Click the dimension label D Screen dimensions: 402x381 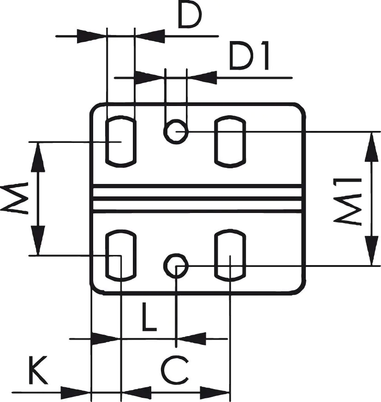tap(190, 16)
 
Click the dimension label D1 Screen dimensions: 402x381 tap(249, 58)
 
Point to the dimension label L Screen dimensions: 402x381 tap(149, 317)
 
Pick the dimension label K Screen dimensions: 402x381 tap(39, 371)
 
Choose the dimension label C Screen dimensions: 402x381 tap(175, 371)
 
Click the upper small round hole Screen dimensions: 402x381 tap(175, 131)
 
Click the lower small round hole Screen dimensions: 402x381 tap(176, 266)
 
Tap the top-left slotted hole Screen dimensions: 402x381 tap(121, 142)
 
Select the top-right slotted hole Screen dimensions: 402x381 tap(230, 142)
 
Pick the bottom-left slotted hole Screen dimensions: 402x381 tap(121, 256)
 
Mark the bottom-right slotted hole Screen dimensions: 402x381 tap(230, 256)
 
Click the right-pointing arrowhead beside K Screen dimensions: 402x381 tap(76, 393)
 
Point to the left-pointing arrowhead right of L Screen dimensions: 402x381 tap(191, 339)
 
